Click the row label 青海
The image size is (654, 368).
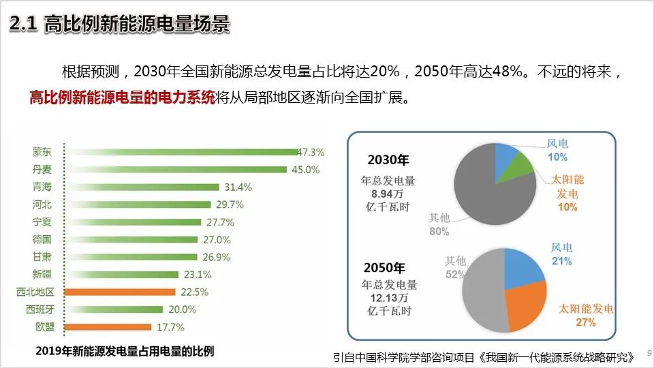coord(42,187)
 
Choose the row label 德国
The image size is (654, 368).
coord(42,239)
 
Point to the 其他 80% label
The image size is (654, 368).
coord(439,224)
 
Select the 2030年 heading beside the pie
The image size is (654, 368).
coord(388,161)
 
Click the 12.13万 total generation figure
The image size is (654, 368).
coord(389,298)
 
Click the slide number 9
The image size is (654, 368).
coord(648,353)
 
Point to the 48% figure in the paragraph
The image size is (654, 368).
coord(512,72)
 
